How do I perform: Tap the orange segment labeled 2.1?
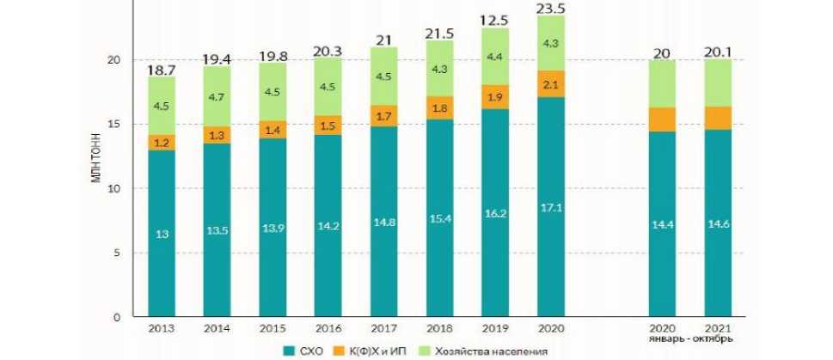(550, 83)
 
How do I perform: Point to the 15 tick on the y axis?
(126, 125)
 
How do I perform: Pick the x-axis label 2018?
(440, 329)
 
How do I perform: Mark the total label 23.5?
(550, 9)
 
